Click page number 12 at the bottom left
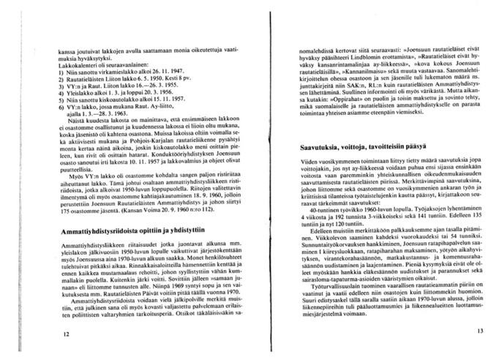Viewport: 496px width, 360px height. pos(66,333)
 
